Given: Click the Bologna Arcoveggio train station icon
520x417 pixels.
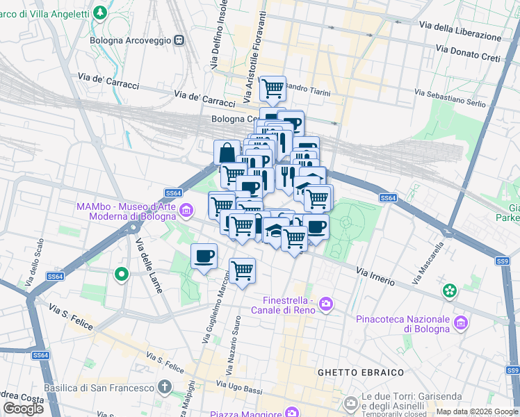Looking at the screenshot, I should [179, 40].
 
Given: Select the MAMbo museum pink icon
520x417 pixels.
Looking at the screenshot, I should [186, 209].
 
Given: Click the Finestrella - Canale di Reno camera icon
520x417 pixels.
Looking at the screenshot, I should [327, 304].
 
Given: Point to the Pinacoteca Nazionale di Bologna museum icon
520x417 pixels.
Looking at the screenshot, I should [460, 322].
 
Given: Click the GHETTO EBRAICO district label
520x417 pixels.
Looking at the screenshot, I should [360, 373].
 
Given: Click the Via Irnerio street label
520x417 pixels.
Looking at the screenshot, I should [375, 276].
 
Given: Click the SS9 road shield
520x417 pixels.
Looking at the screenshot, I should [502, 261].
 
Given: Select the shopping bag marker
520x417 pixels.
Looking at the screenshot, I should [227, 153].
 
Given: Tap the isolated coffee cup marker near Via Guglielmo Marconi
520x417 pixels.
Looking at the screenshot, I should [204, 256].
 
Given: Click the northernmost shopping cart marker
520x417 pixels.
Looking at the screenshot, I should [273, 88].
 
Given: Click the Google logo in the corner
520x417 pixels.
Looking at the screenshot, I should [23, 409].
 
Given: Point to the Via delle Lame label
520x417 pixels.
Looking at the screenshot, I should [149, 265].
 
